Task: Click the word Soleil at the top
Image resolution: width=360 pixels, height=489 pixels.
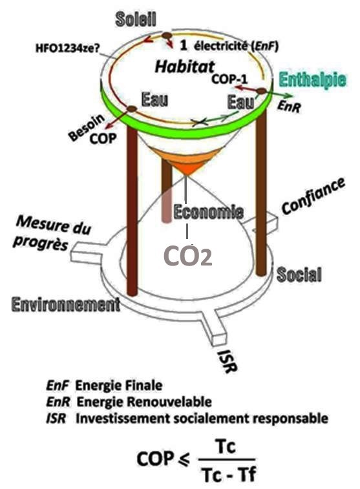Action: pyautogui.click(x=135, y=19)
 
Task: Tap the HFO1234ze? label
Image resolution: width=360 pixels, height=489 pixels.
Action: pyautogui.click(x=67, y=49)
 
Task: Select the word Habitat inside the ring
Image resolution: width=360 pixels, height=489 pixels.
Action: pyautogui.click(x=185, y=67)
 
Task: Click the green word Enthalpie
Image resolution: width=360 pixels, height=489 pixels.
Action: pyautogui.click(x=312, y=81)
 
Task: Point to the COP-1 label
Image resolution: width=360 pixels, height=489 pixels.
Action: pyautogui.click(x=229, y=79)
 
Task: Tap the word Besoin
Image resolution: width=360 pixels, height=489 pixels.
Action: pyautogui.click(x=87, y=127)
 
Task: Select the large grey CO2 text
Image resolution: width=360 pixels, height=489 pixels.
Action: pyautogui.click(x=188, y=256)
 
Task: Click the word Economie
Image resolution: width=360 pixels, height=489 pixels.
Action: pyautogui.click(x=208, y=212)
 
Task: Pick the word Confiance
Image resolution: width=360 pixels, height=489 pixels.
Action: pyautogui.click(x=313, y=196)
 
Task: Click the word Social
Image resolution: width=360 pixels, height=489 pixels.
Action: pyautogui.click(x=299, y=275)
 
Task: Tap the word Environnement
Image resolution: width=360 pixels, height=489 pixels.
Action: pyautogui.click(x=65, y=304)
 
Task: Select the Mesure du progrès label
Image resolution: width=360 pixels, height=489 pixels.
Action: pyautogui.click(x=53, y=233)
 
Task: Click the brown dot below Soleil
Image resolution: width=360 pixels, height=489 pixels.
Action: pyautogui.click(x=167, y=36)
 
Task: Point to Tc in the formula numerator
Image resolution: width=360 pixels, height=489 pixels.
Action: pyautogui.click(x=226, y=446)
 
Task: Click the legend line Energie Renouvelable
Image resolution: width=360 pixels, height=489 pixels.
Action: pyautogui.click(x=144, y=402)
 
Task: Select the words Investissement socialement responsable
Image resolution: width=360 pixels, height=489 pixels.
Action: pyautogui.click(x=202, y=418)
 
